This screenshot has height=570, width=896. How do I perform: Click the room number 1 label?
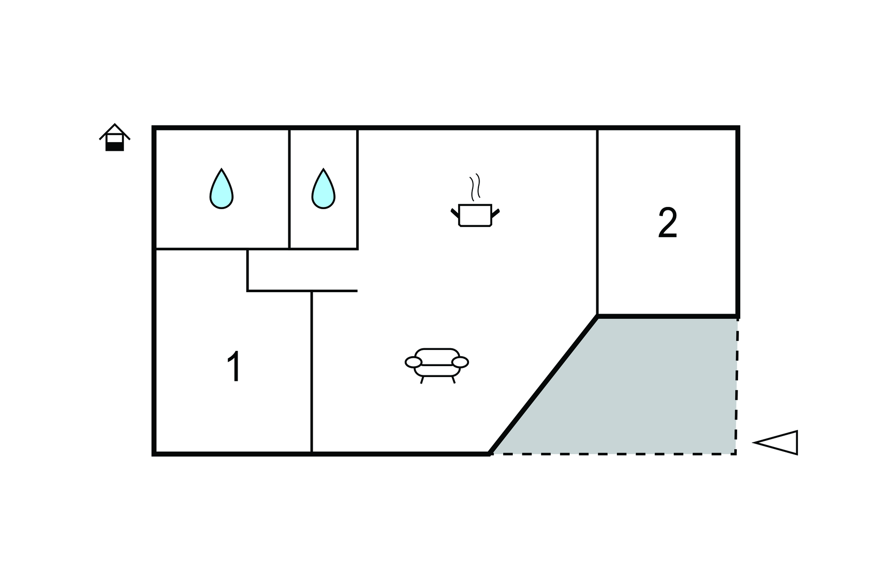(234, 366)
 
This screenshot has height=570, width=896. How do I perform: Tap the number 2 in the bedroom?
(668, 223)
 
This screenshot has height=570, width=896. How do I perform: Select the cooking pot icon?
(475, 215)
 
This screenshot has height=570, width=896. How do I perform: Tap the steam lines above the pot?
(475, 187)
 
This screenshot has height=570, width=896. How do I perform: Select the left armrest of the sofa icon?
(413, 362)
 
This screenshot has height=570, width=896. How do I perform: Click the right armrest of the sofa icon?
(460, 362)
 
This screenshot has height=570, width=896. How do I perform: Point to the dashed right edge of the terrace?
(737, 385)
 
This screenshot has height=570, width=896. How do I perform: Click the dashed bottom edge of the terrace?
(612, 454)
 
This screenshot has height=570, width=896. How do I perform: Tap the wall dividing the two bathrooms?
(289, 188)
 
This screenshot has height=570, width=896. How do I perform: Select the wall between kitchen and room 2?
(597, 219)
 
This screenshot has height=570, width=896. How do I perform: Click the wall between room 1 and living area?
(311, 372)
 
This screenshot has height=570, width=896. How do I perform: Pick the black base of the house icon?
(115, 147)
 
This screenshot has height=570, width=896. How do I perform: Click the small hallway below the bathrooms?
(302, 269)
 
